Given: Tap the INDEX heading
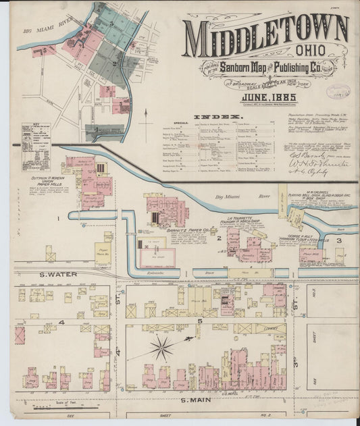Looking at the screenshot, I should pos(226,116).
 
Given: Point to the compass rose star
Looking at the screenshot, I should pos(161,348).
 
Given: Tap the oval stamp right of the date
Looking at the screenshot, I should pos(338,92).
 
